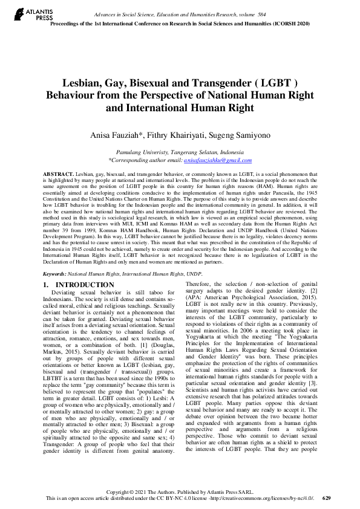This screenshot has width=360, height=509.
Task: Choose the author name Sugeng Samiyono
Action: point(229,136)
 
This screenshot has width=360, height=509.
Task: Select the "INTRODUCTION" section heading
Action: point(84,284)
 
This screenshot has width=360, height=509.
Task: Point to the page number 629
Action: point(327,498)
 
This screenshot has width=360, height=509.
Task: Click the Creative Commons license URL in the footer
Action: point(267,498)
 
